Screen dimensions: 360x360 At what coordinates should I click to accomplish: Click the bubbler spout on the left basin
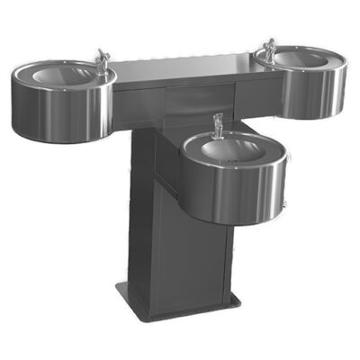point(102,60)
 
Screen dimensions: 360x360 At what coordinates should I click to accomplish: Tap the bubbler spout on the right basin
point(269,45)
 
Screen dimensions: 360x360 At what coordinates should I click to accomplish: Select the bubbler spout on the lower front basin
point(216,124)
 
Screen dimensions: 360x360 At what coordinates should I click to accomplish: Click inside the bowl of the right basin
point(301,58)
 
